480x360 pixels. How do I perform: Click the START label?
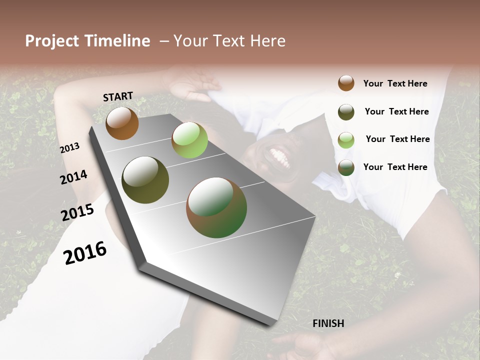(x=118, y=96)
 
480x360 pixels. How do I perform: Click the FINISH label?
(x=328, y=323)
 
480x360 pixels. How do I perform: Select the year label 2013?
(x=70, y=147)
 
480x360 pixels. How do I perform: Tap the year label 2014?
(x=74, y=177)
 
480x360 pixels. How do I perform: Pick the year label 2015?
(x=77, y=212)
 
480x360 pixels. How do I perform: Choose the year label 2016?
(x=85, y=253)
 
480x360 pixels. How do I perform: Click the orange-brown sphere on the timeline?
(x=122, y=123)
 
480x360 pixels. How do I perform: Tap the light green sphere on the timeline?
(x=189, y=139)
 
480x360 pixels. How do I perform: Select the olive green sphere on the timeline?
(x=145, y=180)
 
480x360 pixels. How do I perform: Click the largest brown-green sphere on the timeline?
(x=216, y=207)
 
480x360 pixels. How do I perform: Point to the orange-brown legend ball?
(x=346, y=83)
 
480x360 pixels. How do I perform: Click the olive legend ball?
(x=346, y=112)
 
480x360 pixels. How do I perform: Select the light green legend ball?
(x=346, y=140)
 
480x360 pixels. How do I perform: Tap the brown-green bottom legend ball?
(x=346, y=167)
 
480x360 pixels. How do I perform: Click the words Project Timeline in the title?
(x=87, y=41)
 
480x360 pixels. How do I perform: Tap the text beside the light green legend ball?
(x=397, y=139)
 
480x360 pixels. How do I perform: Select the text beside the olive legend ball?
(x=396, y=111)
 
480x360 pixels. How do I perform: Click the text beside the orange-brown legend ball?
(x=395, y=83)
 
